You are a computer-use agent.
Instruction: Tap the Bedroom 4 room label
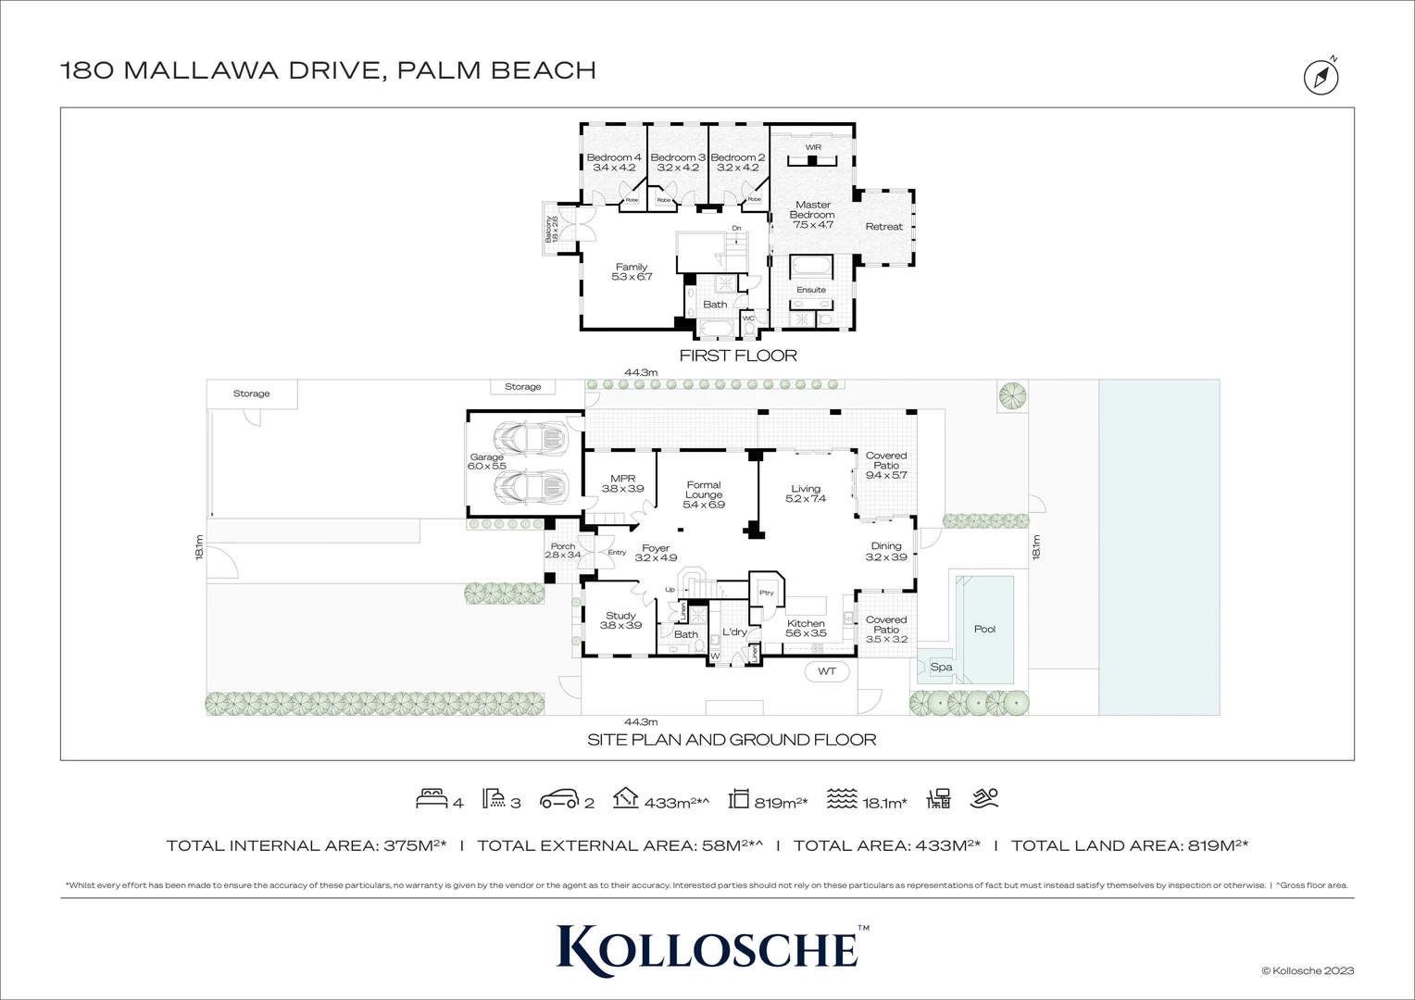pos(614,163)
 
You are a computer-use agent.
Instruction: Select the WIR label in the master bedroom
pos(813,147)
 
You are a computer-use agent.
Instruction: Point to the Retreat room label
pos(883,227)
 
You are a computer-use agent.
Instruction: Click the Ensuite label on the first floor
pos(811,290)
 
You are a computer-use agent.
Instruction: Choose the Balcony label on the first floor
pos(552,230)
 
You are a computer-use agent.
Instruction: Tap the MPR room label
pos(622,483)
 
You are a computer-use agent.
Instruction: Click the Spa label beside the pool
pos(941,667)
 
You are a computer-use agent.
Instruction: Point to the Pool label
pos(984,629)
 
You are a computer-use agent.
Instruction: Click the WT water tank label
pos(827,671)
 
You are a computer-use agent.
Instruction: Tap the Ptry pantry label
pos(766,593)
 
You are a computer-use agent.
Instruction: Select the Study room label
pos(620,620)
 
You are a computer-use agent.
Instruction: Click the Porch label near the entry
pos(562,551)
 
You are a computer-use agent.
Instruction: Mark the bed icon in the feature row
pos(432,798)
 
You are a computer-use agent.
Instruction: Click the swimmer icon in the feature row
pos(983,798)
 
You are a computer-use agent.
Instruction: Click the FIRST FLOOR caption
pos(738,356)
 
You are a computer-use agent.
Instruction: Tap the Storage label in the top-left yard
pos(251,394)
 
